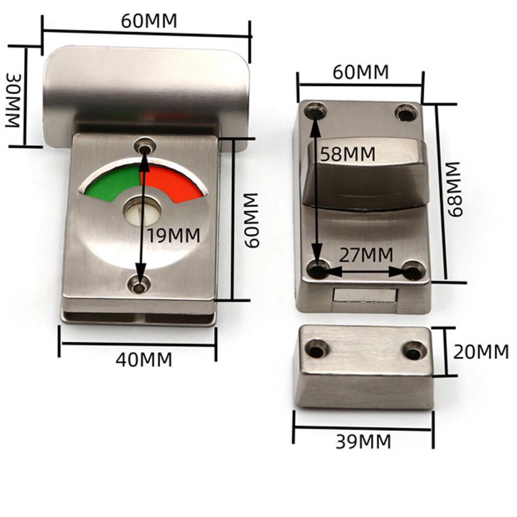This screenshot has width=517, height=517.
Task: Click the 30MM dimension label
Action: click(14, 101)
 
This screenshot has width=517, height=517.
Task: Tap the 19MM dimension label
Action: click(174, 236)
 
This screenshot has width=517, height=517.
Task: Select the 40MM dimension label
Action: click(144, 359)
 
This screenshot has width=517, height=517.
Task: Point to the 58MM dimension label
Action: click(348, 154)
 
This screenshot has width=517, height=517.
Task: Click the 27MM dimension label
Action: click(366, 254)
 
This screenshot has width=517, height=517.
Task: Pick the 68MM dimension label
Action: click(455, 189)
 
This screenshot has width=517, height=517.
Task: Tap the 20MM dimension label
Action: click(481, 352)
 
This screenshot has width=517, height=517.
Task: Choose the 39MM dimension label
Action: click(363, 441)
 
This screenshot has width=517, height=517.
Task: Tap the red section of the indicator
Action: click(172, 183)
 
